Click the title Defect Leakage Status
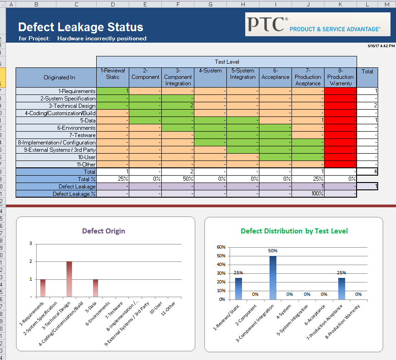click(x=81, y=27)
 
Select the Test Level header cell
click(x=226, y=61)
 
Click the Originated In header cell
click(x=59, y=78)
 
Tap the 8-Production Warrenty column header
click(x=340, y=77)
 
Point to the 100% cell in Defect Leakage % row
click(x=308, y=194)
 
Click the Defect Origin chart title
click(x=103, y=231)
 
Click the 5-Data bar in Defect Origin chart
click(x=95, y=288)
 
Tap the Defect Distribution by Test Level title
click(x=294, y=231)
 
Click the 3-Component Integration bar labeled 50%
click(x=273, y=277)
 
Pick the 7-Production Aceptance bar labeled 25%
click(x=341, y=288)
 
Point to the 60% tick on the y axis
click(x=220, y=247)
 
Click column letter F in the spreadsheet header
click(x=178, y=4)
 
